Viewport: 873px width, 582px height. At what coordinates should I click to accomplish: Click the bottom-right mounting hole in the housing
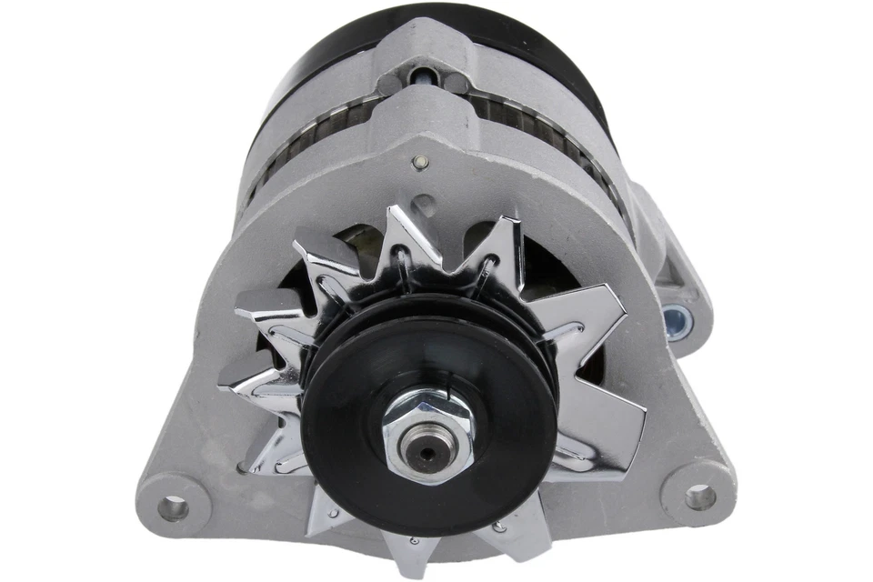699,496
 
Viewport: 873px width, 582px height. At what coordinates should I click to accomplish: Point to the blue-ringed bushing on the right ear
676,319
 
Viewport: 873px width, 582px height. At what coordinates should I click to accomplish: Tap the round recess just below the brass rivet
424,205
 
